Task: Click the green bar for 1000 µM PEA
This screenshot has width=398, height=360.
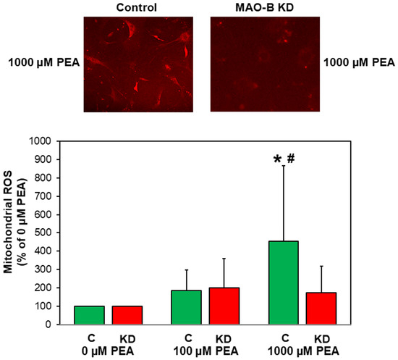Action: [x=284, y=282]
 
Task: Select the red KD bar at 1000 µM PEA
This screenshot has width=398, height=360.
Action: [x=321, y=309]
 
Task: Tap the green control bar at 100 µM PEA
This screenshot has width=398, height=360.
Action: [x=186, y=307]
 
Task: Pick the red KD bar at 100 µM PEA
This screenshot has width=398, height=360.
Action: [x=224, y=306]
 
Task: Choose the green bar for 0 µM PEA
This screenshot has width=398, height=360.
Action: [x=89, y=315]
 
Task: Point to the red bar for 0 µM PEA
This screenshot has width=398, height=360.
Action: [x=127, y=315]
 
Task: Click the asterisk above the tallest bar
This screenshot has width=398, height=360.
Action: [x=277, y=160]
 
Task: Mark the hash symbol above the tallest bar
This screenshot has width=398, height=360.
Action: [x=291, y=159]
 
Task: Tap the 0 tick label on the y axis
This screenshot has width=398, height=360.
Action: [x=48, y=325]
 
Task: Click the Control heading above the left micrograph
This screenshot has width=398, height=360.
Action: [x=137, y=7]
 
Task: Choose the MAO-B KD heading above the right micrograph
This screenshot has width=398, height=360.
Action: [x=265, y=7]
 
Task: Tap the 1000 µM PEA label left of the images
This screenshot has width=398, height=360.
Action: [x=44, y=62]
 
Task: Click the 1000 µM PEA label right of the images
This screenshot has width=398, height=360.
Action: [x=359, y=62]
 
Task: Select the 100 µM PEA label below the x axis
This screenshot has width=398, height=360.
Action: [x=206, y=351]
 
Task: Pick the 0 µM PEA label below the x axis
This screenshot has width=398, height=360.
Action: [x=108, y=351]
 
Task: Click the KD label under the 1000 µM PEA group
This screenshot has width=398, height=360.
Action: [x=322, y=339]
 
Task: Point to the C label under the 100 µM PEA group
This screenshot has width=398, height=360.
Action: [x=188, y=338]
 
